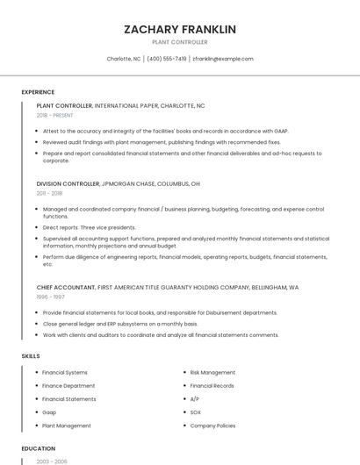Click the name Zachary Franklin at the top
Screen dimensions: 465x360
tap(180, 29)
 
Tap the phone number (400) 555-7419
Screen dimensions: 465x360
tap(167, 59)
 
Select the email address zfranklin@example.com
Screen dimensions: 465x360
tap(223, 59)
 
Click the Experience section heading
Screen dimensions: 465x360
tap(38, 92)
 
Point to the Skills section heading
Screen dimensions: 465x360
tap(31, 355)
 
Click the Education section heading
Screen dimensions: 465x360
tap(38, 447)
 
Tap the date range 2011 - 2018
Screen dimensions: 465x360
tap(49, 193)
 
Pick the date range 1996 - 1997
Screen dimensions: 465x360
tap(49, 296)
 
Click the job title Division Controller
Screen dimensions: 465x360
tap(68, 184)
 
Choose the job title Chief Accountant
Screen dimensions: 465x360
tap(66, 287)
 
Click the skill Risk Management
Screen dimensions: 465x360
tap(212, 373)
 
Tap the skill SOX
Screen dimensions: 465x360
tap(196, 412)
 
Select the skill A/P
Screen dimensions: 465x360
tap(195, 399)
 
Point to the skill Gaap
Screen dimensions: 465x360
tap(50, 412)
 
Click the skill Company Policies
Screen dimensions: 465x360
tap(212, 426)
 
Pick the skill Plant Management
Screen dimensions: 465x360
tap(67, 426)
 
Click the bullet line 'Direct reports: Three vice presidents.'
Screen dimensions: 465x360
tap(90, 226)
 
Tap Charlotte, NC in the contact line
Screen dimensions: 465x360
tap(124, 59)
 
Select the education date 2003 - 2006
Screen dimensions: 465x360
tap(52, 461)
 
